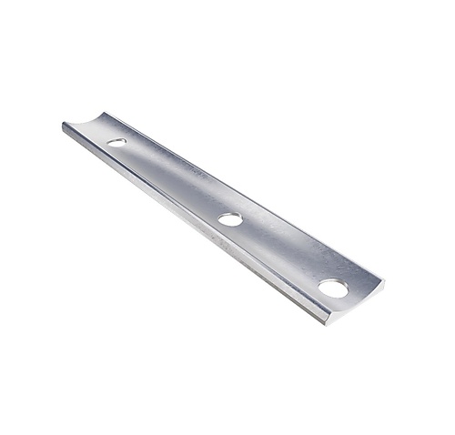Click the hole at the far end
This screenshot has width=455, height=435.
pos(116,142)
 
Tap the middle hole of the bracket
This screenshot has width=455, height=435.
pos(230,218)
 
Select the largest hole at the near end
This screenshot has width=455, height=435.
pos(333,288)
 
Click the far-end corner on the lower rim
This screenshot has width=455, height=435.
pos(64,126)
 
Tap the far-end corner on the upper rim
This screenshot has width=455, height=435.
pos(106,113)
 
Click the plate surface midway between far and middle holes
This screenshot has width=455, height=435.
pos(173,180)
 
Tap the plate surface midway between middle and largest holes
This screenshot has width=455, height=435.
pos(282,254)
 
